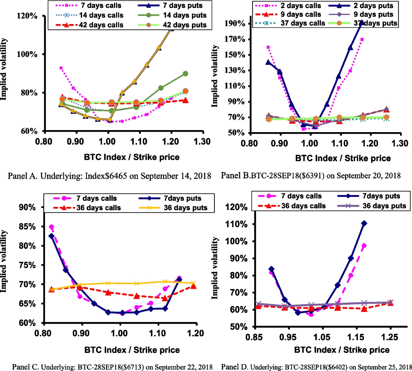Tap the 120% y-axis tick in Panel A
pos(27,16)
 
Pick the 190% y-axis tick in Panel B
pos(235,24)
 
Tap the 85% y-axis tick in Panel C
pos(27,227)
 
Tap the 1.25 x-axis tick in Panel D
pos(390,337)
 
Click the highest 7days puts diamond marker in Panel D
pos(364,223)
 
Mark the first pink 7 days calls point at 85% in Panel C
pos(51,227)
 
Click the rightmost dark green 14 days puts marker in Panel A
pos(185,74)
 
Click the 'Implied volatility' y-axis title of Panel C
pos(4,261)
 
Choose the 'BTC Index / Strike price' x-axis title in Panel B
pos(343,158)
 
